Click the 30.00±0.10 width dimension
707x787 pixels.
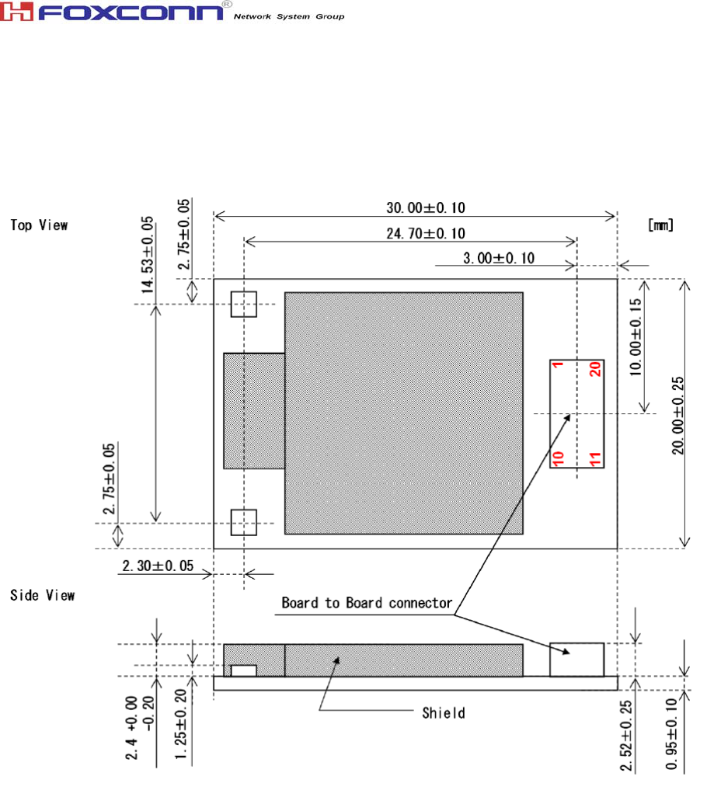point(426,207)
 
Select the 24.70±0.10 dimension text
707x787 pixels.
point(426,233)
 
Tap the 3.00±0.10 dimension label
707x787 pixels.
point(499,258)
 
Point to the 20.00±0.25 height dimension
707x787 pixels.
point(678,416)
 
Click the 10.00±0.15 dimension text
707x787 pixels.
point(636,337)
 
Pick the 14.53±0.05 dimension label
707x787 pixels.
point(147,255)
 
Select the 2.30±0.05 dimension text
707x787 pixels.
point(158,566)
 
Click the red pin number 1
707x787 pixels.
point(558,365)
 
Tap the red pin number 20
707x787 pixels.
point(595,369)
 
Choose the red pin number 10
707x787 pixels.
point(558,458)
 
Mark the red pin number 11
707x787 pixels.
point(595,458)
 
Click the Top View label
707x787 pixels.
point(39,225)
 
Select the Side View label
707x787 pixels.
point(43,595)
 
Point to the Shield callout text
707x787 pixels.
point(444,712)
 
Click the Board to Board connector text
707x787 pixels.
point(367,602)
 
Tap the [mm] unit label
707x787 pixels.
point(660,225)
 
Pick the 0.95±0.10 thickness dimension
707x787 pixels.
point(671,734)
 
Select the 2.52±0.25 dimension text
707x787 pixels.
point(626,735)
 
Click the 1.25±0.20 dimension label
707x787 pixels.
point(181,724)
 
